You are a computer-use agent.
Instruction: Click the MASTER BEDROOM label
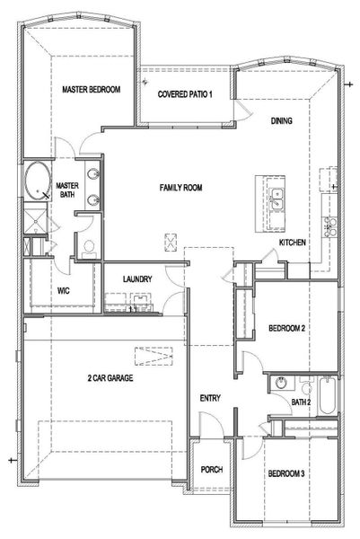(91, 91)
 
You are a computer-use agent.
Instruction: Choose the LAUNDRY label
(137, 279)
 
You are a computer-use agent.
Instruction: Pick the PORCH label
(212, 471)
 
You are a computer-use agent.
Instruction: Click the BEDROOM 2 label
(287, 330)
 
